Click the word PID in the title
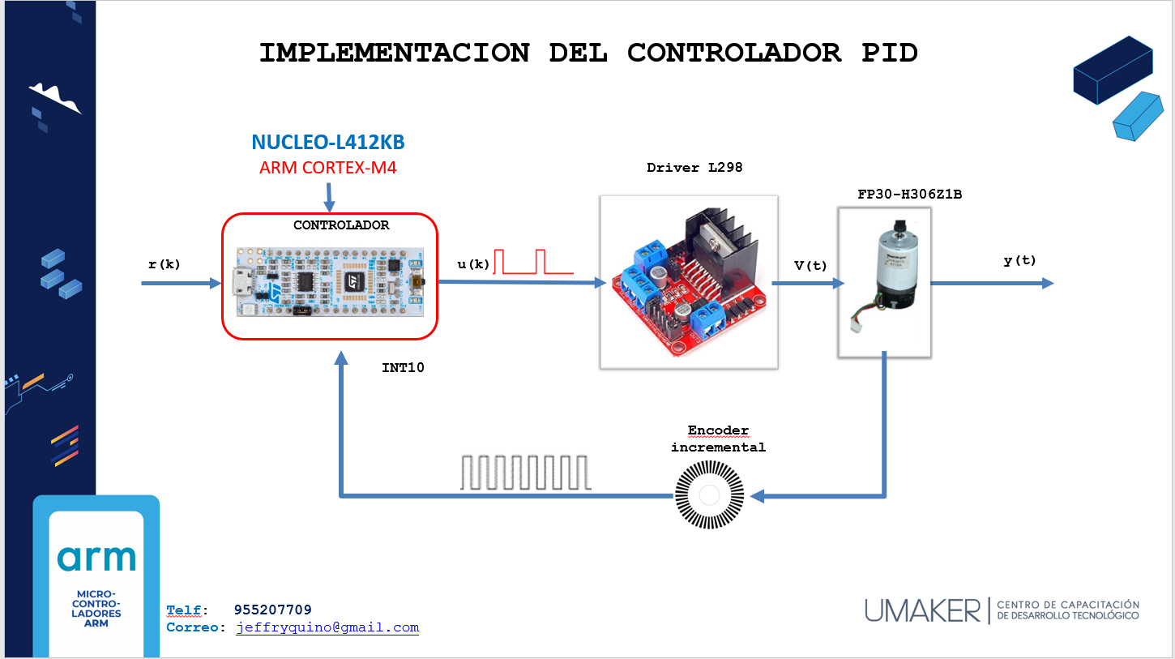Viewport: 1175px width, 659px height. [889, 53]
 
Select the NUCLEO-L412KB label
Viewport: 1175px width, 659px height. [328, 143]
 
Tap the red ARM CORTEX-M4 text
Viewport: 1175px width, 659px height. [328, 168]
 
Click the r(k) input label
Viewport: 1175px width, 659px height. [164, 264]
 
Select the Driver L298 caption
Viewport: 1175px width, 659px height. [694, 168]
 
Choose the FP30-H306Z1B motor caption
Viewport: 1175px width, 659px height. [909, 195]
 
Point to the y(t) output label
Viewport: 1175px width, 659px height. [1019, 260]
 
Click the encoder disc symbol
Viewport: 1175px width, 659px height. [709, 495]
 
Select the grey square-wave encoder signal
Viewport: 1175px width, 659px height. [526, 473]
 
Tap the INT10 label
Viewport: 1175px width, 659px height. [403, 368]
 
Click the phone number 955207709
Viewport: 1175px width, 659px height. [272, 610]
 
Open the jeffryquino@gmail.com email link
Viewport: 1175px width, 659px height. [327, 627]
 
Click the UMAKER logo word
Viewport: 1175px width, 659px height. [922, 610]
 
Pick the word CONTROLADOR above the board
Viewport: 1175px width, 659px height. [340, 225]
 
